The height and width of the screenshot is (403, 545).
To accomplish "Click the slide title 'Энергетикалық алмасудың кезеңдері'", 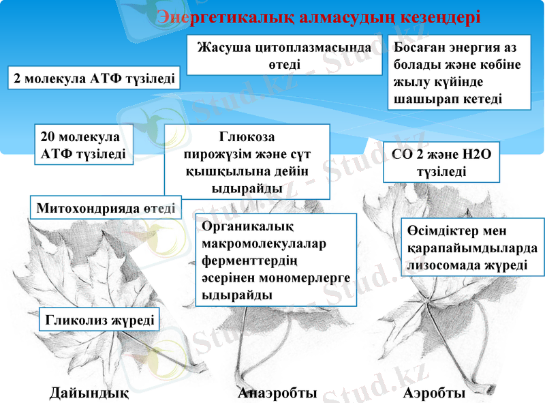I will [319, 17].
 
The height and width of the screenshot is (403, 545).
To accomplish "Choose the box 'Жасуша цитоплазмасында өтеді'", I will [284, 56].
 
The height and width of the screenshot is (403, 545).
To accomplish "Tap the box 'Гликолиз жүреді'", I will [99, 318].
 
